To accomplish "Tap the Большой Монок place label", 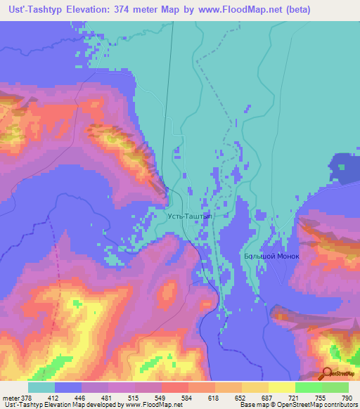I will pos(271,256).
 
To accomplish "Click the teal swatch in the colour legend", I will pos(41,387).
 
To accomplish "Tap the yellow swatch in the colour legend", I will pos(281,387).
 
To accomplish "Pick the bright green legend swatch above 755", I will pos(308,387).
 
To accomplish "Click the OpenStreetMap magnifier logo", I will pos(326,374).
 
